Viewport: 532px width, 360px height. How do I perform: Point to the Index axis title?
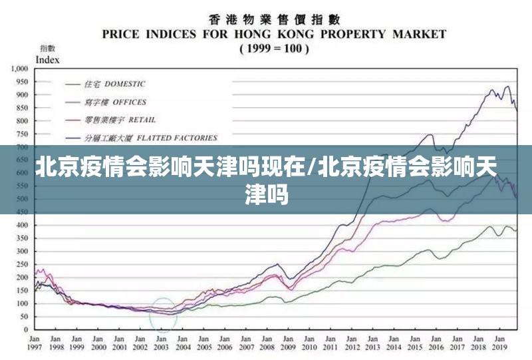point(47,59)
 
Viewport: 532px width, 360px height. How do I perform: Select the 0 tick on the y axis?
point(26,329)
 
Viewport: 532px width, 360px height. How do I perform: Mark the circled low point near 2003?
point(163,313)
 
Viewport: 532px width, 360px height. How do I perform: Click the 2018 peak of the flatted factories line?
point(493,90)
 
